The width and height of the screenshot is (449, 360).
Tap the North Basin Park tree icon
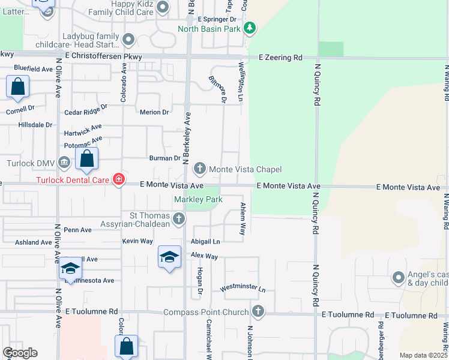[250, 28]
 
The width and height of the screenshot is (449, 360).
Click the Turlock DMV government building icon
[64, 163]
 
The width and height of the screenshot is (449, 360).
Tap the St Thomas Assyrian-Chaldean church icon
[178, 219]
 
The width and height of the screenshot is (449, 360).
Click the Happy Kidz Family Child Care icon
[163, 7]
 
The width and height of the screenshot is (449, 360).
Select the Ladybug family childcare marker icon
[128, 40]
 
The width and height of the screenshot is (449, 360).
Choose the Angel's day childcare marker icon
[397, 277]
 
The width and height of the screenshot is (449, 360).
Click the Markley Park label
[198, 199]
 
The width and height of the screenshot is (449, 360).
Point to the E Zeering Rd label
[280, 58]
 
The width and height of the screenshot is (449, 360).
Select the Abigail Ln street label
[206, 241]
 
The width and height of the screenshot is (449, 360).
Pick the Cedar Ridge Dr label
[85, 110]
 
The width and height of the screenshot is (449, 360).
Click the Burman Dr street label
[164, 158]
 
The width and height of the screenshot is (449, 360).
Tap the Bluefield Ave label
[33, 69]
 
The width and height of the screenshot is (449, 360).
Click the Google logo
[20, 353]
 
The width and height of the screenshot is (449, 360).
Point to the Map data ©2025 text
[423, 355]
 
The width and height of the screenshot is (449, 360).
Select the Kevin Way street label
[137, 241]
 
